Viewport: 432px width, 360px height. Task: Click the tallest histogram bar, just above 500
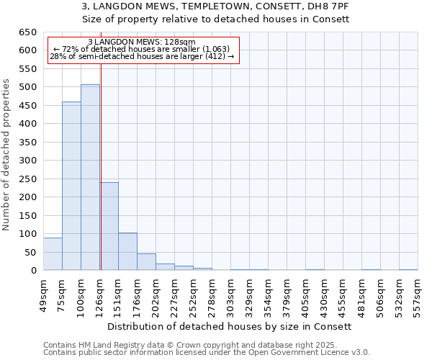coord(90,177)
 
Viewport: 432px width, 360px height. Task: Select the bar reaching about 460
coord(71,186)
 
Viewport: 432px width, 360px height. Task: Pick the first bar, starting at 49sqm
coord(53,254)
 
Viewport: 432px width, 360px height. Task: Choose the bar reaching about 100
coord(127,251)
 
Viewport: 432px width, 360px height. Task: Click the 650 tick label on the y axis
coord(27,32)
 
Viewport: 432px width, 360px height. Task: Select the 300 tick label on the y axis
coord(27,161)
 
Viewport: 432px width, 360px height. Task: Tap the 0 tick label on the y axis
coord(33,271)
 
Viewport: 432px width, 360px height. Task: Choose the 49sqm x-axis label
coord(44,293)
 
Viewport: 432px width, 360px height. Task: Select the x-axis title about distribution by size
coord(233,326)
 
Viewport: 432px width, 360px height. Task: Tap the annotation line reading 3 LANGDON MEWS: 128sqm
coord(141,42)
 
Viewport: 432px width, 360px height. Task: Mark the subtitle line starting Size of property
coord(215,19)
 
